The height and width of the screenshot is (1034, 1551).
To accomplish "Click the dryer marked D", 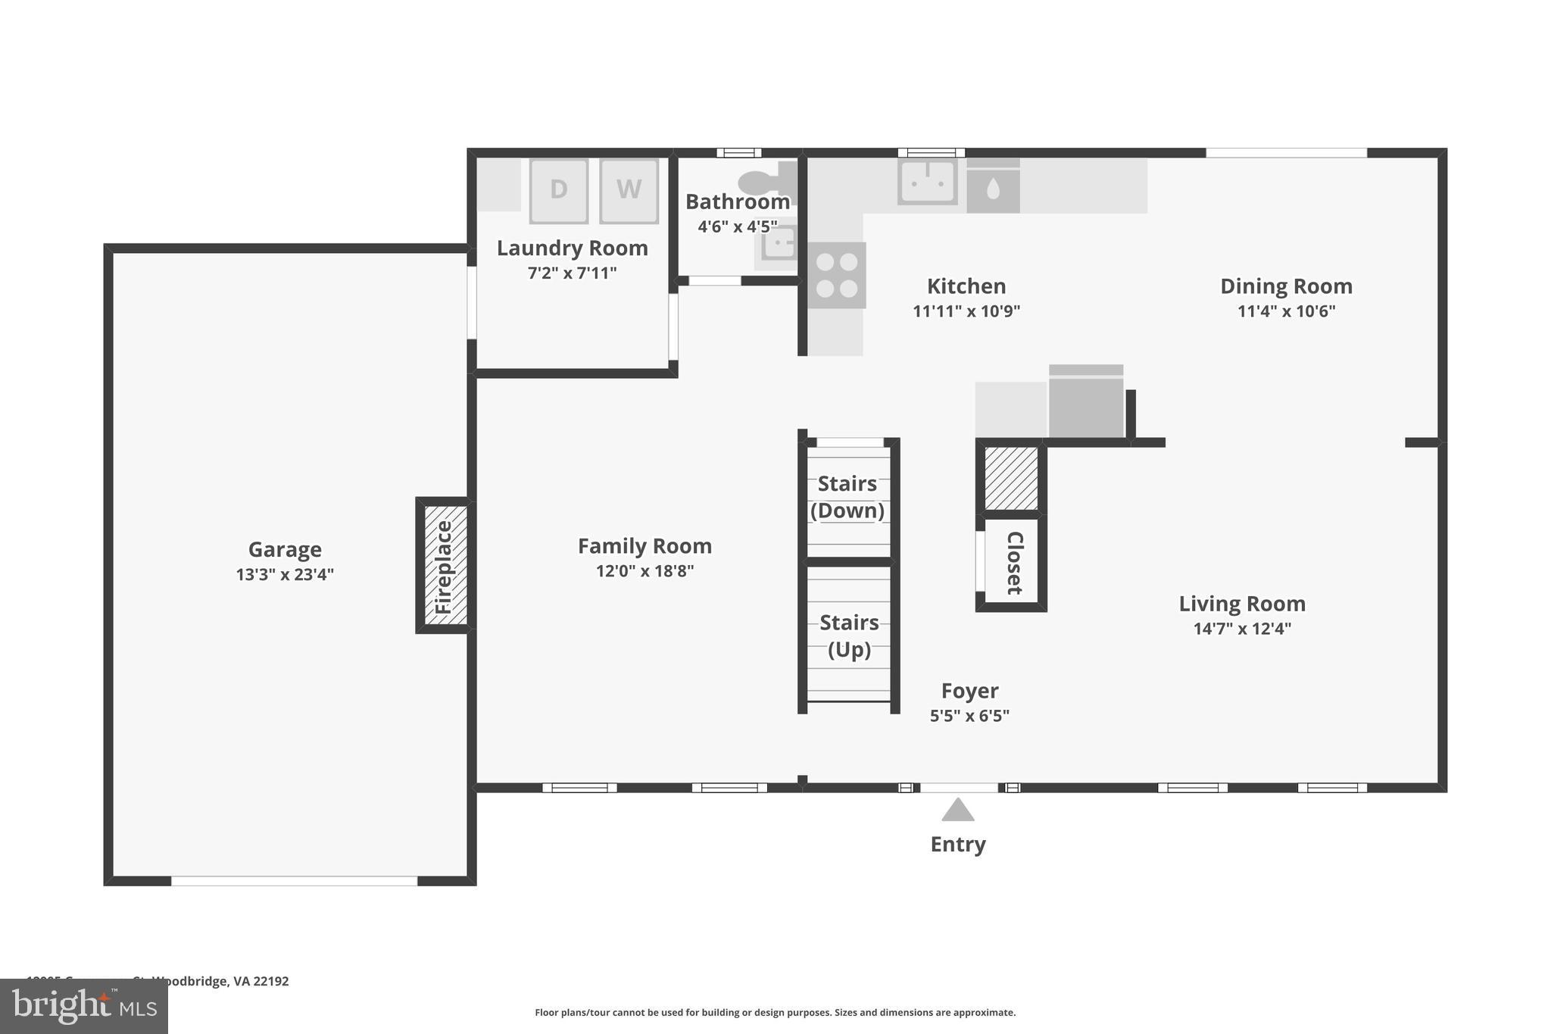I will coord(558,190).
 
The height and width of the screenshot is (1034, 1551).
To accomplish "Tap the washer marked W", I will coord(629,190).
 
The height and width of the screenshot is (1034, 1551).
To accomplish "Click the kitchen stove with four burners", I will coord(836,275).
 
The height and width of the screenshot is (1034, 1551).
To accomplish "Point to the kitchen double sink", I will coord(927,182).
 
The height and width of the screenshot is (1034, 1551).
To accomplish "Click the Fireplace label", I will coord(444,567).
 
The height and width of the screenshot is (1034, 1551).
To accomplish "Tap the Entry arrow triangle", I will coord(957,810).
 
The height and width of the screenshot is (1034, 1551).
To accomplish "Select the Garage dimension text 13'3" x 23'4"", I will coord(285,574).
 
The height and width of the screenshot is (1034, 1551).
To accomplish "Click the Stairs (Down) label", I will coord(847,497).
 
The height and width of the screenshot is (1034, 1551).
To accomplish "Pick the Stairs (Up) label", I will coord(849,636).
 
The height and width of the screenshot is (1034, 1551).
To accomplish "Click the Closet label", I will coord(1015,563).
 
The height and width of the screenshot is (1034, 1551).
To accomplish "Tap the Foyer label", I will coord(969,690).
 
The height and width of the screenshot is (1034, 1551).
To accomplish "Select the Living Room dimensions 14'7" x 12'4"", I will coord(1242,628).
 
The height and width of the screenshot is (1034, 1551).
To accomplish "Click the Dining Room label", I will coord(1286,286).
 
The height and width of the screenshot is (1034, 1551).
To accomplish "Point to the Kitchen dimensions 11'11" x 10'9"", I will coord(966,311).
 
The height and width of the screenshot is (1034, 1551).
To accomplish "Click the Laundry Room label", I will coord(572,248).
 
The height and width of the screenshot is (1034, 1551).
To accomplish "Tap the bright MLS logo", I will coord(84,1006).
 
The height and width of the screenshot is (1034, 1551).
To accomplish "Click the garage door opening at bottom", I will coord(294,881).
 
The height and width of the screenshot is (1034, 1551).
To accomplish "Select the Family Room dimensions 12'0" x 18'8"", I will coord(644,570).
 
